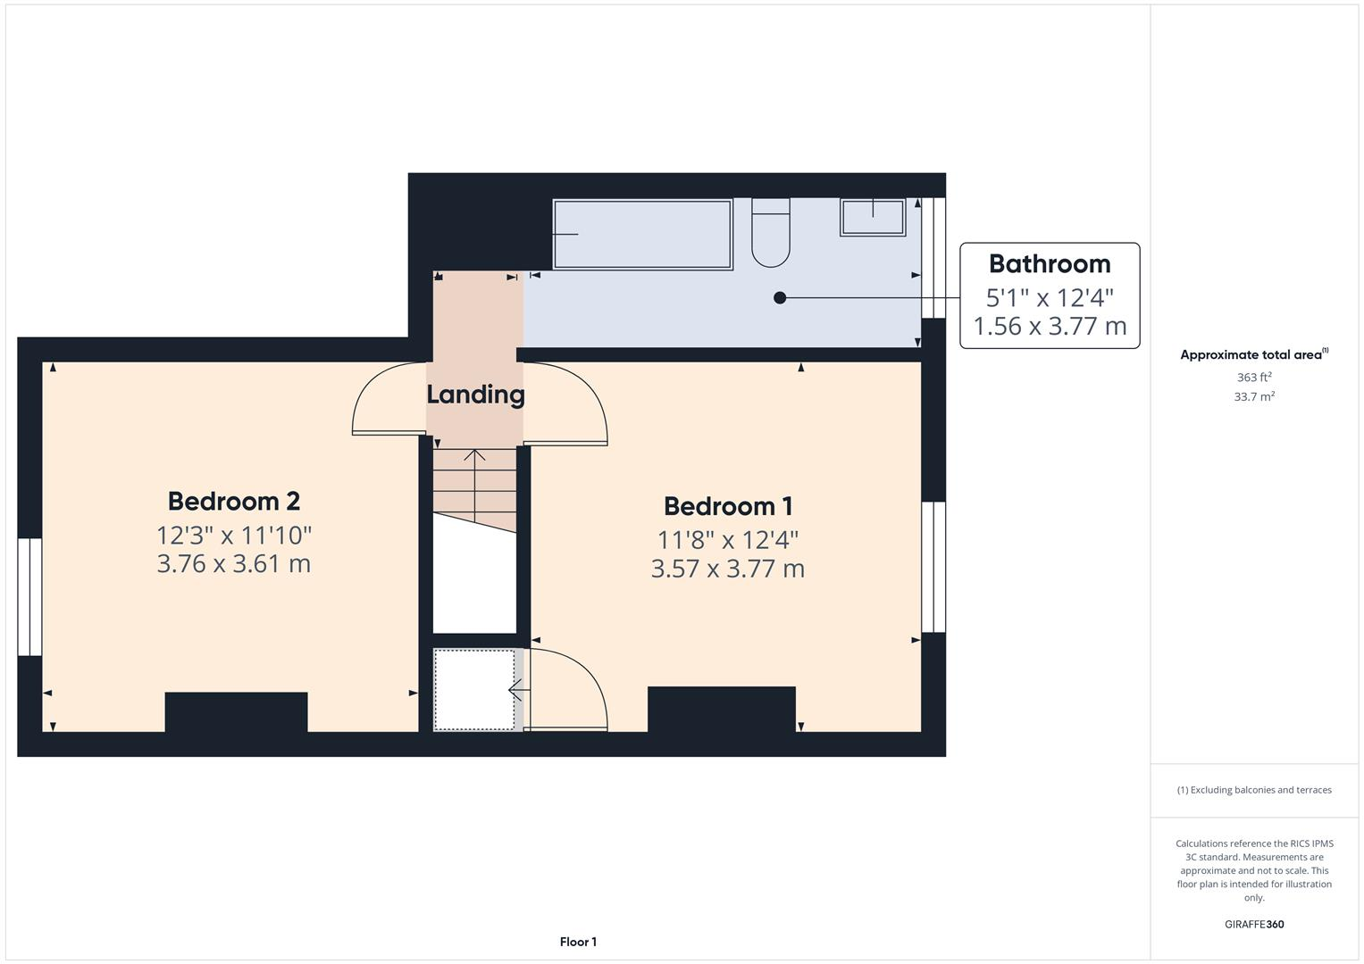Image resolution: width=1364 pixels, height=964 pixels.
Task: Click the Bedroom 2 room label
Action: pyautogui.click(x=233, y=501)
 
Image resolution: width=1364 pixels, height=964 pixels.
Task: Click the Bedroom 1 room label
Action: pyautogui.click(x=727, y=506)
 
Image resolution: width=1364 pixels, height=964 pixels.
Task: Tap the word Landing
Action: pyautogui.click(x=475, y=395)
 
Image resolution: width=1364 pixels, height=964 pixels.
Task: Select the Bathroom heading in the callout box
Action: pyautogui.click(x=1050, y=264)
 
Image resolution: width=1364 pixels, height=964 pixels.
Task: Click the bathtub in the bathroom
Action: pyautogui.click(x=642, y=235)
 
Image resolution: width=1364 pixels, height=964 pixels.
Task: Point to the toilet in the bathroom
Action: pyautogui.click(x=771, y=233)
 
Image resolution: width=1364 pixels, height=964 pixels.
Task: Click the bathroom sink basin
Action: pyautogui.click(x=873, y=217)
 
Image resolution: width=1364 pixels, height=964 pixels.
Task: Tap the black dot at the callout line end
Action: pyautogui.click(x=780, y=298)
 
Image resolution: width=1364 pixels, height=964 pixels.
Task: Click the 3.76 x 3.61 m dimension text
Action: pyautogui.click(x=233, y=564)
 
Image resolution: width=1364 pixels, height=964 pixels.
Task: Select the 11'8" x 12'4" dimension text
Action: pyautogui.click(x=727, y=540)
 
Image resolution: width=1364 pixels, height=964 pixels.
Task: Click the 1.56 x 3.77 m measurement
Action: pyautogui.click(x=1050, y=327)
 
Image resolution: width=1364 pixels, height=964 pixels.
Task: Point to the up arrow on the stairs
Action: pyautogui.click(x=474, y=457)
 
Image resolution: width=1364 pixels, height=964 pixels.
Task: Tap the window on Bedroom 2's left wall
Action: pyautogui.click(x=29, y=596)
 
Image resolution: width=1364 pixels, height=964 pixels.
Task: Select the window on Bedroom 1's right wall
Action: pyautogui.click(x=933, y=567)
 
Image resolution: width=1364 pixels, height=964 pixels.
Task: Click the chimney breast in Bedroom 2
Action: pyautogui.click(x=237, y=711)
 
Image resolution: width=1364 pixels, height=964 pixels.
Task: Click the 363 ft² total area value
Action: pyautogui.click(x=1253, y=378)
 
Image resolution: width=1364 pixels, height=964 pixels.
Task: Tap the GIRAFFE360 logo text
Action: pyautogui.click(x=1253, y=924)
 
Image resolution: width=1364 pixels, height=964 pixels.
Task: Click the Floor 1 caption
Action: pyautogui.click(x=578, y=942)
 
